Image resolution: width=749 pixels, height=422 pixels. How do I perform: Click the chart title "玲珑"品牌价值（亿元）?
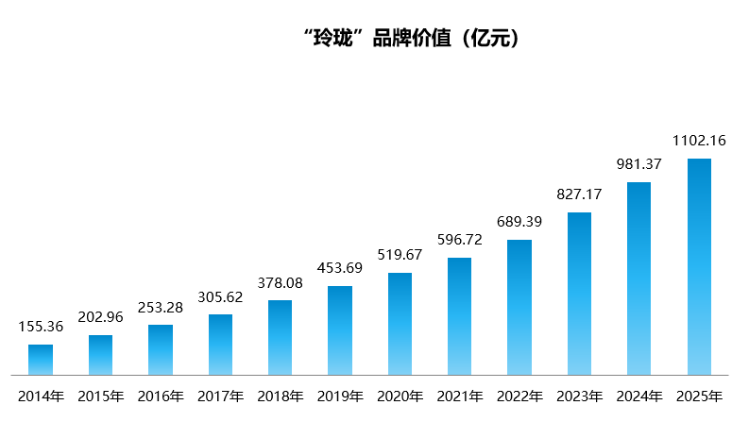(411, 39)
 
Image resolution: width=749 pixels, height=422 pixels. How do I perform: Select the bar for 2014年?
(41, 360)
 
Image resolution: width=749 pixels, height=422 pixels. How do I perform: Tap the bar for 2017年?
(220, 345)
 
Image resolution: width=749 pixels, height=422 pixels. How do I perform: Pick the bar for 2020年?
(400, 324)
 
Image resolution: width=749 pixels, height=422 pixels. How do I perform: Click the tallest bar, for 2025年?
(699, 267)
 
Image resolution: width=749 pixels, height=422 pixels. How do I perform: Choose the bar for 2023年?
(579, 294)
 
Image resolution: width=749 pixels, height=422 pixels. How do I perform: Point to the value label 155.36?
(41, 327)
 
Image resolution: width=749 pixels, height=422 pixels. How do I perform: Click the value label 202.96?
(100, 317)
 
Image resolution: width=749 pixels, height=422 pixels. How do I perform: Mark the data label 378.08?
(280, 282)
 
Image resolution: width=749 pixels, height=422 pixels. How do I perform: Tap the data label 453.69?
(340, 268)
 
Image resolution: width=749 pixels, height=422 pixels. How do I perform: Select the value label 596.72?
(459, 240)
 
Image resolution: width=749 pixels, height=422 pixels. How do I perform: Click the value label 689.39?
(519, 222)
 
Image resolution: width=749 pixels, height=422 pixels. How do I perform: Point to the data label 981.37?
(638, 164)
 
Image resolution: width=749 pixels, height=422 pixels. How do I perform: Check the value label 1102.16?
(699, 141)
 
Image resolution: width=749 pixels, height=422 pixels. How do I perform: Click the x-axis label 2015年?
(100, 396)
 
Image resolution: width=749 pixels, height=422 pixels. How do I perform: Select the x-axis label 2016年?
(161, 396)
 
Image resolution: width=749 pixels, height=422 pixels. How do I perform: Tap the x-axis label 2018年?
(280, 396)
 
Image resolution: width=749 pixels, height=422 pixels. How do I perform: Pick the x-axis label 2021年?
(459, 396)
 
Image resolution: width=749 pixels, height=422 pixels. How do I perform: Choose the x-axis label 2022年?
(519, 396)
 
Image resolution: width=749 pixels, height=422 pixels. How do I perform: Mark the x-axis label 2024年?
(638, 396)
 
